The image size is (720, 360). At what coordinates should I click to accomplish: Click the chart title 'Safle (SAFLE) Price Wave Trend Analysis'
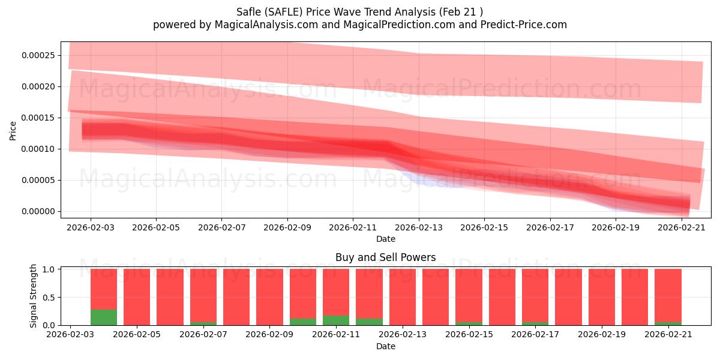pyautogui.click(x=336, y=12)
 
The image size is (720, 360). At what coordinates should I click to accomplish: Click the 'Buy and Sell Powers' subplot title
pyautogui.click(x=385, y=257)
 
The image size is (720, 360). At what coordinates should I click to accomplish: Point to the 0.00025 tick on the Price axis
pyautogui.click(x=38, y=55)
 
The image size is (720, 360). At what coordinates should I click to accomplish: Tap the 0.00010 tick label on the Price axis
pyautogui.click(x=38, y=149)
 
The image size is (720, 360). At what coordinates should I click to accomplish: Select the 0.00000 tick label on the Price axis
pyautogui.click(x=38, y=211)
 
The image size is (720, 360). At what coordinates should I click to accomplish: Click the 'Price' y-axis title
pyautogui.click(x=13, y=131)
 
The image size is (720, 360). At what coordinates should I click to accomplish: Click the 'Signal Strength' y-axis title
pyautogui.click(x=33, y=296)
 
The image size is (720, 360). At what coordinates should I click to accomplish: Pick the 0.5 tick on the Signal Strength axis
pyautogui.click(x=49, y=298)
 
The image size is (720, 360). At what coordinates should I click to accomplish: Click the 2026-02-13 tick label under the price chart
pyautogui.click(x=419, y=227)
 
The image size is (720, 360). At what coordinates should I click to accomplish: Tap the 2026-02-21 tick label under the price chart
pyautogui.click(x=682, y=227)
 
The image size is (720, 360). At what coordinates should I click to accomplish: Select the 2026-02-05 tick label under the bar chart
pyautogui.click(x=137, y=335)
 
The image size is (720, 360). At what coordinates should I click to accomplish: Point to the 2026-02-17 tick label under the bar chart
pyautogui.click(x=535, y=335)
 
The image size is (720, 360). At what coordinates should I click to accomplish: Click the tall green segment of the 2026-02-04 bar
pyautogui.click(x=104, y=317)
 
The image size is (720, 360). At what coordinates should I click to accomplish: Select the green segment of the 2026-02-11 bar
pyautogui.click(x=336, y=320)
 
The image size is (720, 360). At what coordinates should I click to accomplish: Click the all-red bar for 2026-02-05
pyautogui.click(x=137, y=297)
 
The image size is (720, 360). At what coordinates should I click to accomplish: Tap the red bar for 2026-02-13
pyautogui.click(x=403, y=297)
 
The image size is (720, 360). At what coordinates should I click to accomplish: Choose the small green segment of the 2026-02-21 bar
pyautogui.click(x=668, y=323)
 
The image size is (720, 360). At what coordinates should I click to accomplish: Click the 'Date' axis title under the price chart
pyautogui.click(x=385, y=239)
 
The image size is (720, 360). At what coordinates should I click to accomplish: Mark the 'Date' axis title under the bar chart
pyautogui.click(x=385, y=346)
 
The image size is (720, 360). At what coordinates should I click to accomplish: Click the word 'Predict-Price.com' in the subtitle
pyautogui.click(x=524, y=25)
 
